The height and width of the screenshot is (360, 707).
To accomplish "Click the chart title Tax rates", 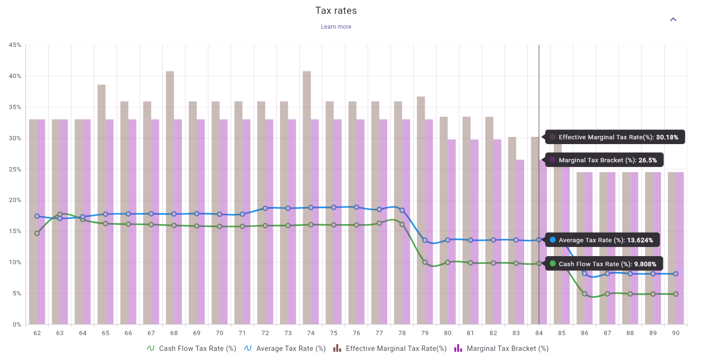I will [x=336, y=11].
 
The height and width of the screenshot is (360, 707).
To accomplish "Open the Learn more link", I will [x=336, y=27].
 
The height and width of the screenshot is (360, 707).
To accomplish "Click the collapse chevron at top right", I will [x=673, y=20].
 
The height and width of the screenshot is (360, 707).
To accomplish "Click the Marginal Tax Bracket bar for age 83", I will [x=520, y=242].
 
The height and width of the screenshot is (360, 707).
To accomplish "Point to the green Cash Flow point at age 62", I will [x=37, y=233].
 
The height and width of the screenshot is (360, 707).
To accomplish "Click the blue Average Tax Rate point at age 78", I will [x=402, y=210].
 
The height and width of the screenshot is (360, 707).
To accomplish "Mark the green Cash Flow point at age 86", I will [x=584, y=294].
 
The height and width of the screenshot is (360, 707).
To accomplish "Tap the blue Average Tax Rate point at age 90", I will [x=675, y=274].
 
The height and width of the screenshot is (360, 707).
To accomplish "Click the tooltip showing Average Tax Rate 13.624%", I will [x=602, y=240].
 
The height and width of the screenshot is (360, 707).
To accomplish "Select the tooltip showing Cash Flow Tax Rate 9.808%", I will [x=604, y=264].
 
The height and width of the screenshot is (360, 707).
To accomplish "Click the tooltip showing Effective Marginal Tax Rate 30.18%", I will [x=615, y=137].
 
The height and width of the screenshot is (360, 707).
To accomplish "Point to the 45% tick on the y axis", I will [x=15, y=45].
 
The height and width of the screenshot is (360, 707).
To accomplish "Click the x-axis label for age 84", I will [x=539, y=333].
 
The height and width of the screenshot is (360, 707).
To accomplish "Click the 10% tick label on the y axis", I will [x=15, y=262].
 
